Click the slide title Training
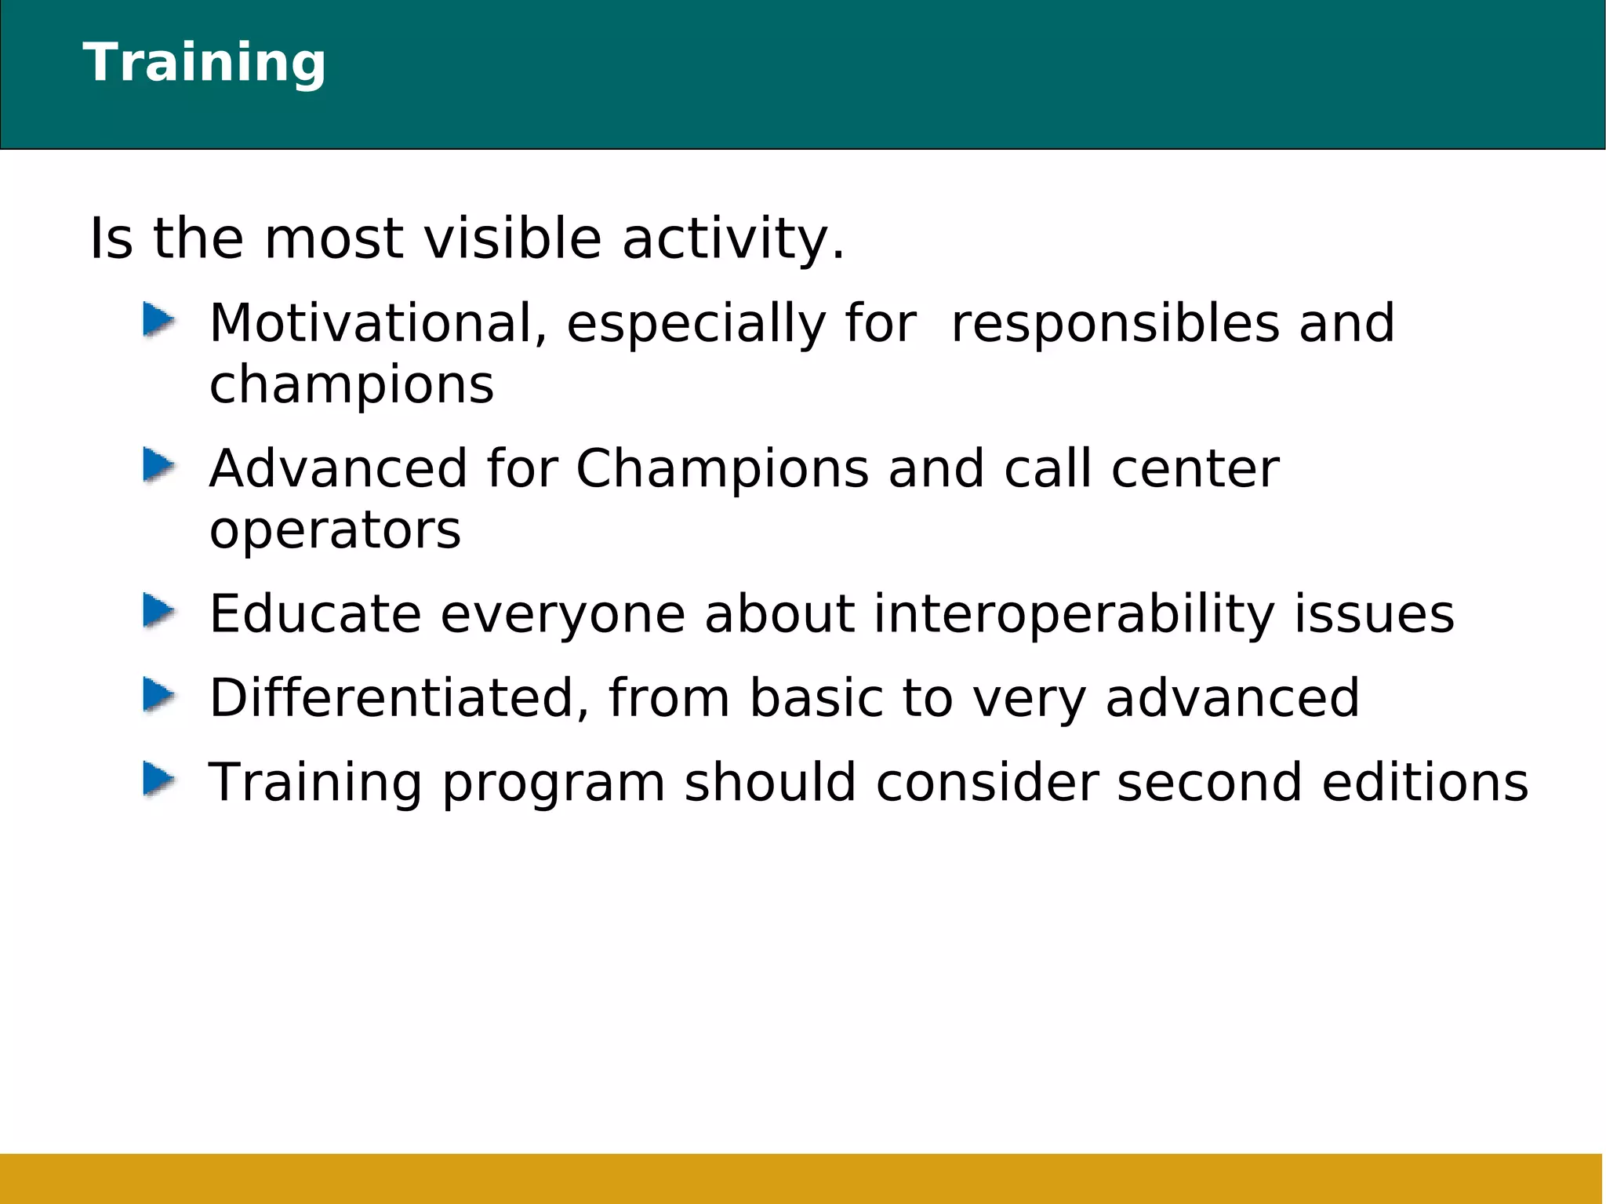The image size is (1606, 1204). [204, 63]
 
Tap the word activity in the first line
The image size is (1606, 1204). [732, 239]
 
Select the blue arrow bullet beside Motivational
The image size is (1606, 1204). [158, 321]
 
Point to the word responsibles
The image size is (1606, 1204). [1114, 325]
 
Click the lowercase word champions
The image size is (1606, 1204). [351, 384]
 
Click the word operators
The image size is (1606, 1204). [335, 531]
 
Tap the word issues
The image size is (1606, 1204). [1373, 614]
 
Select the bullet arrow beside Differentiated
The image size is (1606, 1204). [158, 696]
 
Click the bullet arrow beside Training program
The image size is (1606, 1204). [158, 780]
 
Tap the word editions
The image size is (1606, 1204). [1425, 782]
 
